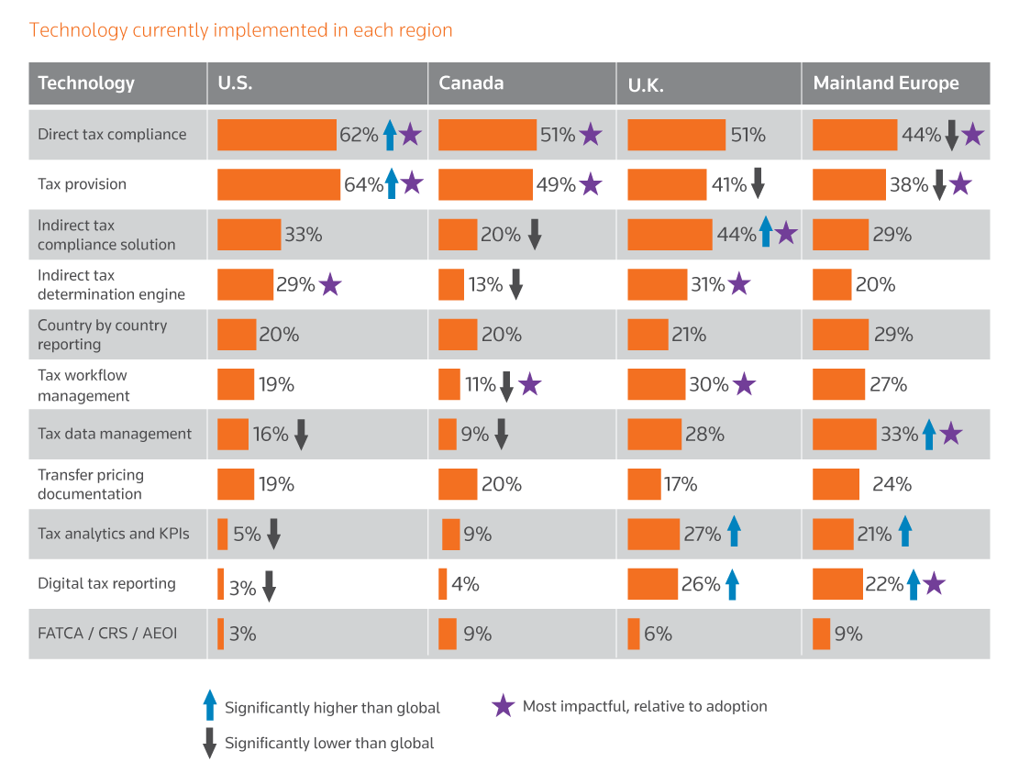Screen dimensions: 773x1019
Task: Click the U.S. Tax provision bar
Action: click(x=278, y=184)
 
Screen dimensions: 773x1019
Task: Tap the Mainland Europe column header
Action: click(x=885, y=83)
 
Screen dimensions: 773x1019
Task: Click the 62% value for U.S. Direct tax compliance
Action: click(x=359, y=135)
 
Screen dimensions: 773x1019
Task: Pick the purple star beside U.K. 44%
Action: click(x=786, y=234)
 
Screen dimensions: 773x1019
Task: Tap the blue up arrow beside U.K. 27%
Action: click(x=733, y=533)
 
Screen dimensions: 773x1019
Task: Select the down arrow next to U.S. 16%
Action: click(x=301, y=435)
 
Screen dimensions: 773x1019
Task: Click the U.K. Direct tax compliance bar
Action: click(x=676, y=135)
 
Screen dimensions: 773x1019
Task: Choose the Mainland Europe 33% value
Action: click(x=899, y=435)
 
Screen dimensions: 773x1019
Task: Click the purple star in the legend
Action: click(x=503, y=706)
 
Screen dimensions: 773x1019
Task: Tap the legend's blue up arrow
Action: click(x=209, y=705)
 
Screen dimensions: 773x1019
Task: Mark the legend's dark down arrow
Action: click(x=209, y=742)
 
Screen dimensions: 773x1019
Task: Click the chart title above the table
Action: click(x=241, y=30)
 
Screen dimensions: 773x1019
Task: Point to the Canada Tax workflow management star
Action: click(x=529, y=384)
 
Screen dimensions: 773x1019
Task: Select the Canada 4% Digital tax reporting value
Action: click(x=465, y=584)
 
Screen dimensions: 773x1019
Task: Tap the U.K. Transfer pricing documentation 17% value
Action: click(x=681, y=484)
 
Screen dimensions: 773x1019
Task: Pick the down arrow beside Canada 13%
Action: click(x=515, y=285)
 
